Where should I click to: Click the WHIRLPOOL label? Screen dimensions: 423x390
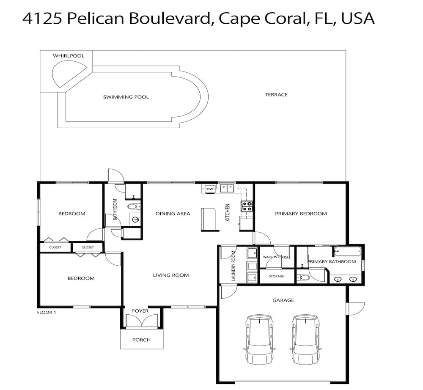(69, 56)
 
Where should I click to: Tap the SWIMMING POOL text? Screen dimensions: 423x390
(126, 97)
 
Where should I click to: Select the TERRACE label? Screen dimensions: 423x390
(276, 95)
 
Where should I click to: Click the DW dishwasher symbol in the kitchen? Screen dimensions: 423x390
(210, 189)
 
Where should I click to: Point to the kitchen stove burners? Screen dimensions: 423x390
(247, 206)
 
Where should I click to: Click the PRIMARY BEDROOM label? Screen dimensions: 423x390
(301, 214)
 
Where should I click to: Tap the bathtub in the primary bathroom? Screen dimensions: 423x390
(347, 252)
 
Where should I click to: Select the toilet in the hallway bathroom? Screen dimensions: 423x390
(134, 207)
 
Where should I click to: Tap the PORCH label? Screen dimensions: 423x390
(141, 340)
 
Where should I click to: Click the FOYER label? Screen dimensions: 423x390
(140, 311)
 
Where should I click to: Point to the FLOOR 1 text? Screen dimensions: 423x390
(47, 312)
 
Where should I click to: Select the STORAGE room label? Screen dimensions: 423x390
(277, 276)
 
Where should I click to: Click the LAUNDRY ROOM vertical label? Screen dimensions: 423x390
(233, 266)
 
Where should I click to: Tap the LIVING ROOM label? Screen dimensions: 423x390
(171, 275)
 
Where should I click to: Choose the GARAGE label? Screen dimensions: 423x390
(283, 300)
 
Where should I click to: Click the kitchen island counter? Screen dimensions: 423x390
(209, 220)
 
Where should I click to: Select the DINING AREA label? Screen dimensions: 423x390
(173, 214)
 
